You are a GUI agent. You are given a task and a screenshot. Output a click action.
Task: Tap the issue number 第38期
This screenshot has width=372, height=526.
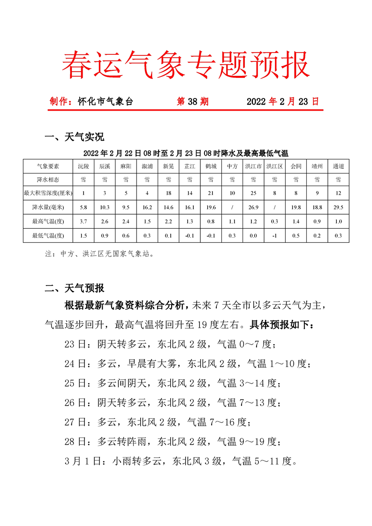[x=192, y=101]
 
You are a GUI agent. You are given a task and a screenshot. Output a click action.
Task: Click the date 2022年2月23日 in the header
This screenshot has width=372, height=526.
[x=282, y=101]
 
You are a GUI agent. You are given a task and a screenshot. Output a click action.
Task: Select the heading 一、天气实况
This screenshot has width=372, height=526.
[x=74, y=137]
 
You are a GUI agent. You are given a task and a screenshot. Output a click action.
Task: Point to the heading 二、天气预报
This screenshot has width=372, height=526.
[x=74, y=288]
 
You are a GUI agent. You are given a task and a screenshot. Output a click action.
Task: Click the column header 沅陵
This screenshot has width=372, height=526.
[x=83, y=166]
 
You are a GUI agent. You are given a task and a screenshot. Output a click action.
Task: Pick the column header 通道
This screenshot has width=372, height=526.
[x=338, y=166]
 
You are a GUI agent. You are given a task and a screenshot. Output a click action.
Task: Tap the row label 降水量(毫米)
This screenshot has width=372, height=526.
[x=48, y=207]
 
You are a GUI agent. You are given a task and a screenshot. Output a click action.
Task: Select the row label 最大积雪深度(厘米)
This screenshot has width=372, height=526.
[x=48, y=193]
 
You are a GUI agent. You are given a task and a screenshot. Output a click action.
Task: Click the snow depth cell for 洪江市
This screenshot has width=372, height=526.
[x=253, y=193]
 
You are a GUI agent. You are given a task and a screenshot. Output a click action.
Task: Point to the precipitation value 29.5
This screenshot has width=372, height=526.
[x=338, y=207]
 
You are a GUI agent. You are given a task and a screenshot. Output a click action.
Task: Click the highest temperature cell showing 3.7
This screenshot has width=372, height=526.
[x=83, y=221]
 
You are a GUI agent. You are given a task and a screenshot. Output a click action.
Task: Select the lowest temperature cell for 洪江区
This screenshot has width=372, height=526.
[x=274, y=235]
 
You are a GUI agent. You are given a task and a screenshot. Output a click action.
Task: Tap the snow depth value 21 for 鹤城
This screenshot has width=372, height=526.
[x=211, y=193]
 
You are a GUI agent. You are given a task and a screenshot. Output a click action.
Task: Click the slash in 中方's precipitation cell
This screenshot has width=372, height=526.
[x=232, y=207]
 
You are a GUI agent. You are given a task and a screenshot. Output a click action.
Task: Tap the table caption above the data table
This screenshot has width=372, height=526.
[x=185, y=153]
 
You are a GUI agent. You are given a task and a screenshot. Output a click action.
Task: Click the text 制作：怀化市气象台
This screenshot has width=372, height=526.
[x=91, y=101]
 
